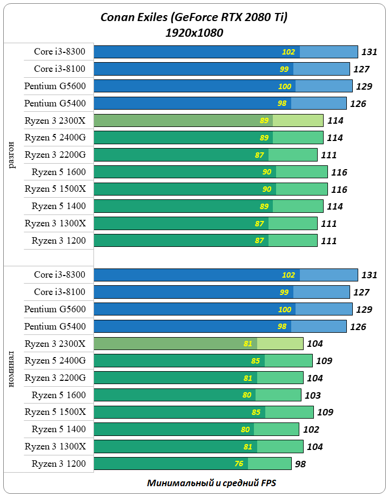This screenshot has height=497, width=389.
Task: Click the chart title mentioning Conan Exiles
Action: pos(194,18)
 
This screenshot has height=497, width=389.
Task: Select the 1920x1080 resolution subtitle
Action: pos(194,33)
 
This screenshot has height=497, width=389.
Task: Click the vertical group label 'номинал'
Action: pos(12,369)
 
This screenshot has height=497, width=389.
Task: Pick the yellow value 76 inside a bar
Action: pos(239,464)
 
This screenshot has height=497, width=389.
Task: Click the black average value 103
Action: pos(313,395)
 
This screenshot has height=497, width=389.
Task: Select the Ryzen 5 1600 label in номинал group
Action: pos(58,395)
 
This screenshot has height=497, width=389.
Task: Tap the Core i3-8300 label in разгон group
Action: pos(59,52)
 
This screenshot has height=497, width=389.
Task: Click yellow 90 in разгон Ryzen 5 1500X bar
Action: pos(266,190)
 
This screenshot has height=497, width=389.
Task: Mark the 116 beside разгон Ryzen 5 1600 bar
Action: pos(339,173)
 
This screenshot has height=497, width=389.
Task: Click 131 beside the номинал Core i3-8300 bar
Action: pos(369,275)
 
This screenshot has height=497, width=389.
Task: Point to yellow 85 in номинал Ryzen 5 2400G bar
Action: pos(256,361)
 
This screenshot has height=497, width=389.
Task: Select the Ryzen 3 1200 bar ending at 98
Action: pos(192,464)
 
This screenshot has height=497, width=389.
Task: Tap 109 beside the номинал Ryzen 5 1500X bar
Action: pos(324,413)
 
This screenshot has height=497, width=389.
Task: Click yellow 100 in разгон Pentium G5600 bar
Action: pos(285,86)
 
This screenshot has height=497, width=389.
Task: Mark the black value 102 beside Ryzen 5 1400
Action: pos(311,430)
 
